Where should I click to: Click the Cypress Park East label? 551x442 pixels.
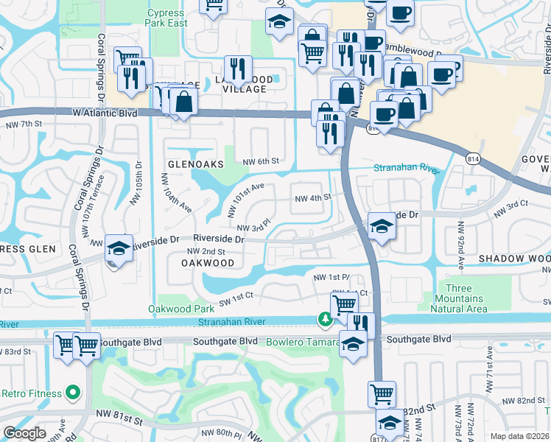click(167, 18)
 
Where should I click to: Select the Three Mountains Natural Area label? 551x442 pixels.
click(463, 298)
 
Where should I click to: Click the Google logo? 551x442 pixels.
click(24, 433)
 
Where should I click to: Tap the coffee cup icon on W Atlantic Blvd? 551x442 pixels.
click(384, 114)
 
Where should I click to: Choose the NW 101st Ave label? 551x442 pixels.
click(245, 201)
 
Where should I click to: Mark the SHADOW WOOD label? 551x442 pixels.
click(514, 259)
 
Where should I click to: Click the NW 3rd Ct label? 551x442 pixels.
click(510, 211)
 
